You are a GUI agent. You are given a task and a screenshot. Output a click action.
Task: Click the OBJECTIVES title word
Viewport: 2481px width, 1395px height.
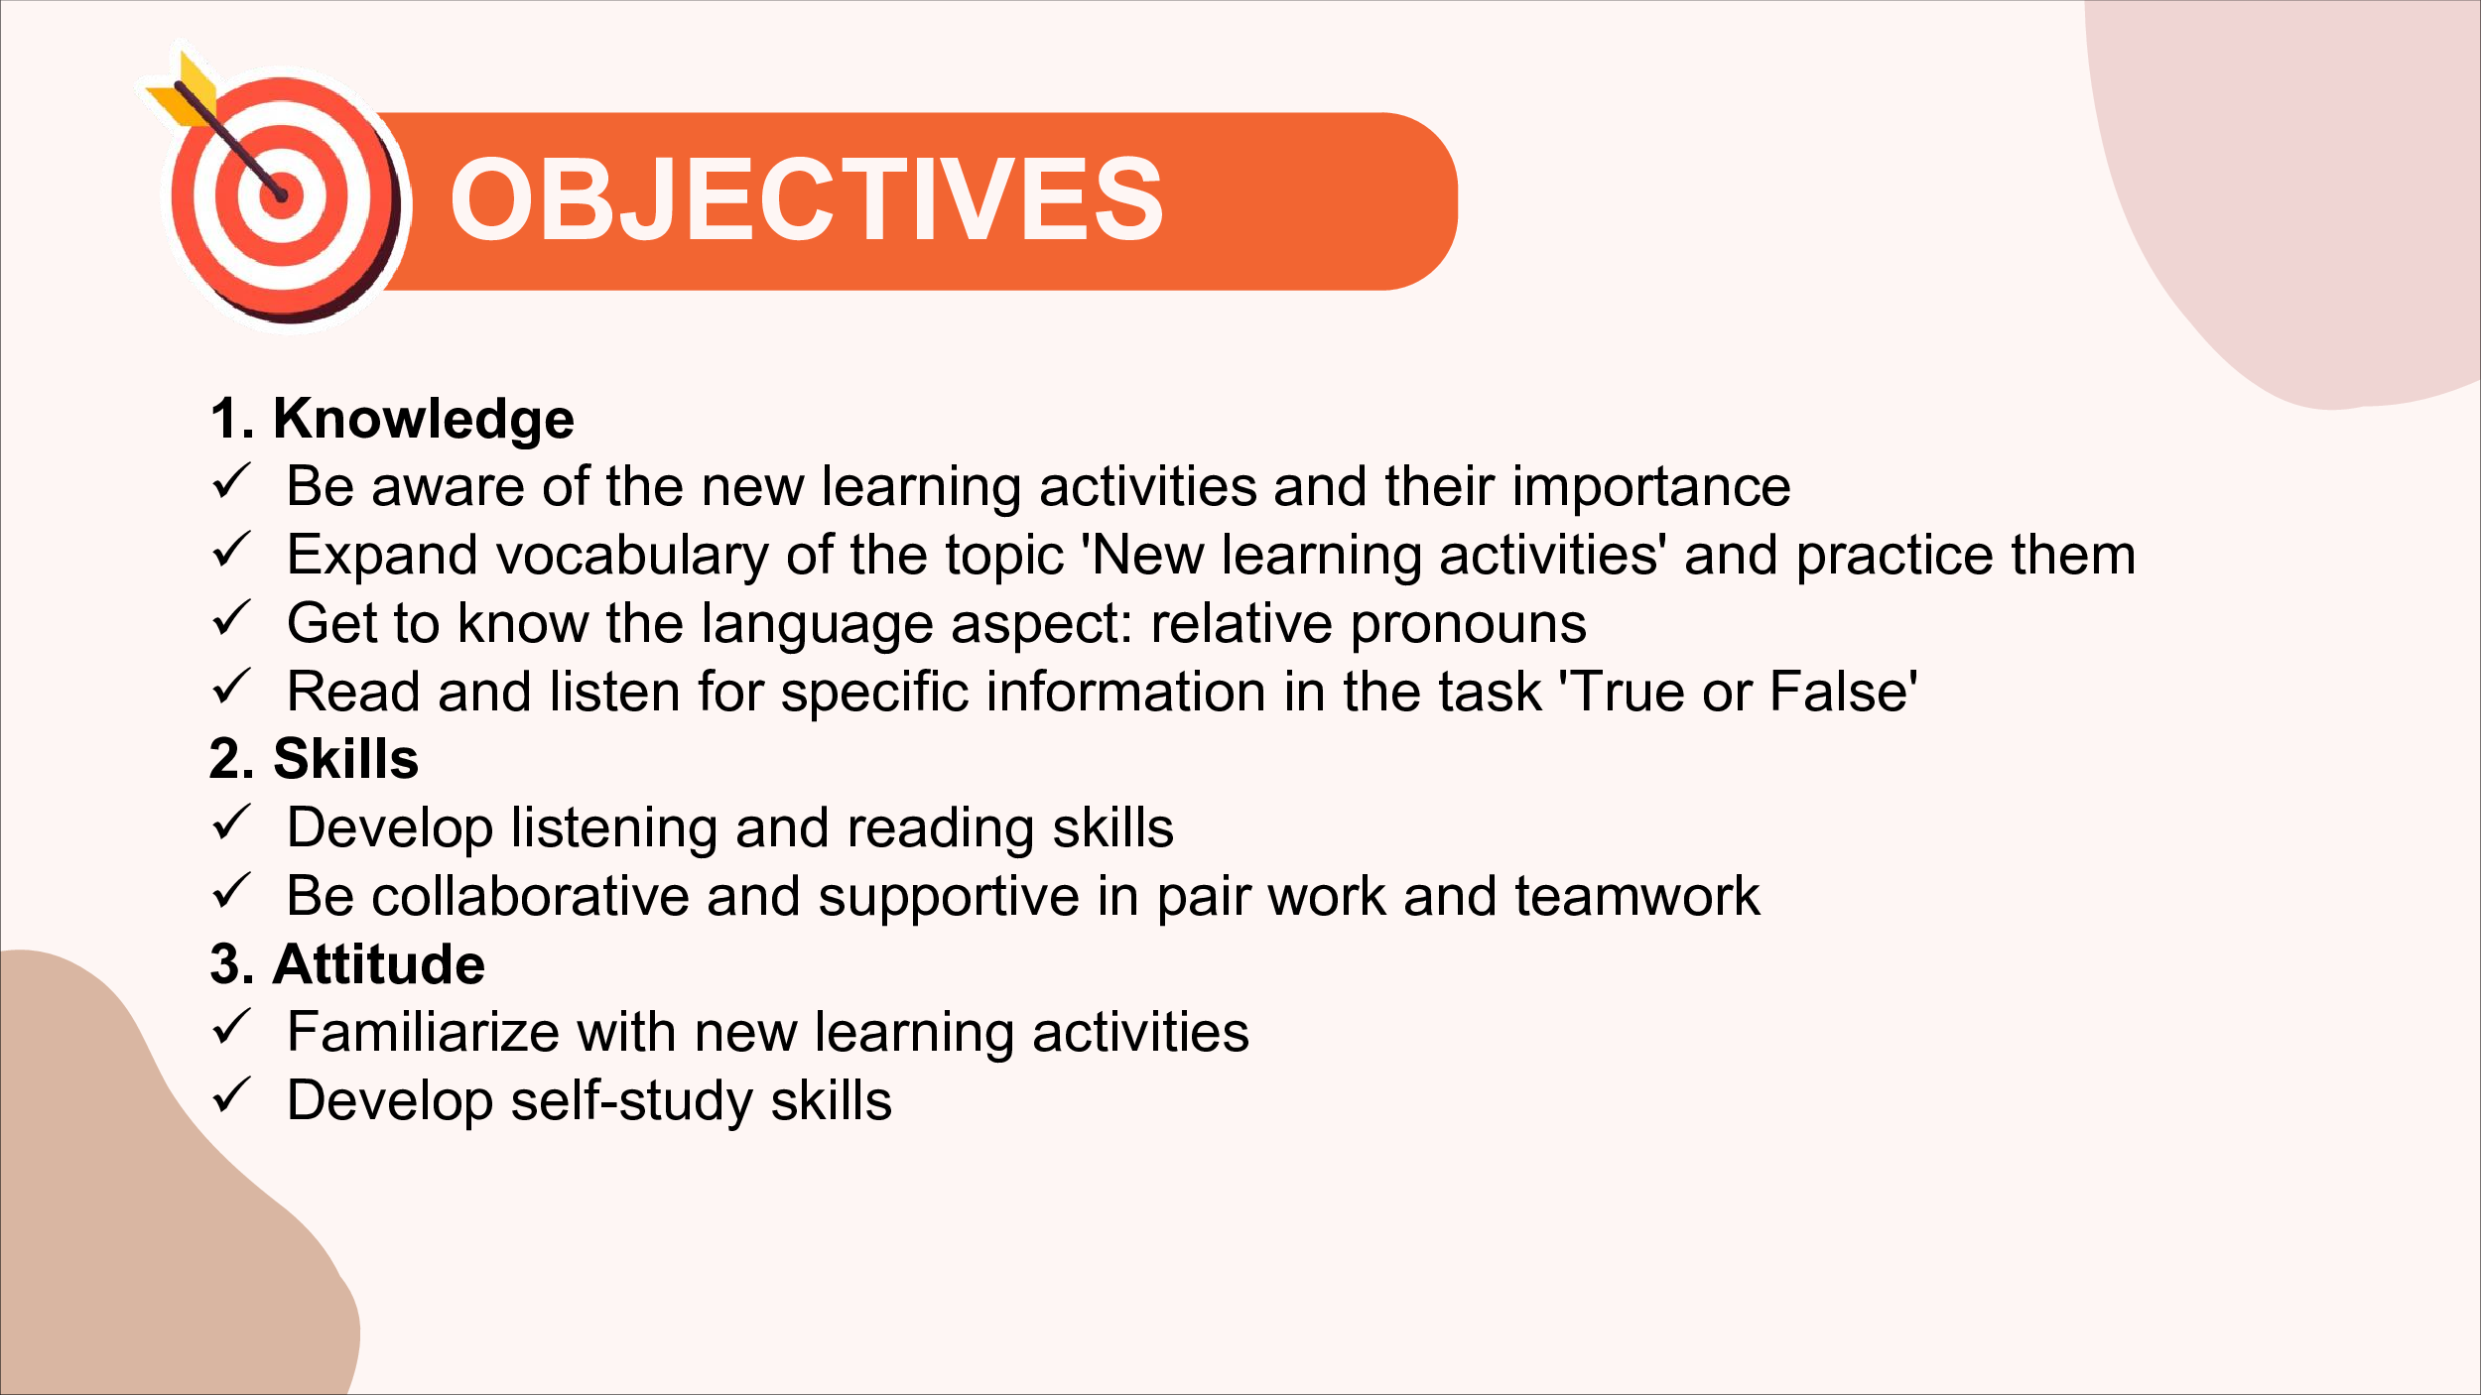point(807,199)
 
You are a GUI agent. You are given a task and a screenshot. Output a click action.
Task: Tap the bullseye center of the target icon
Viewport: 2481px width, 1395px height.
point(282,196)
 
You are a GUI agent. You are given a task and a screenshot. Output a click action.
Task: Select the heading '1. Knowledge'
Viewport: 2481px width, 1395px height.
point(392,419)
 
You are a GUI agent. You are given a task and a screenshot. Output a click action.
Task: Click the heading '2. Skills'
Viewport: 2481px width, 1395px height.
point(314,759)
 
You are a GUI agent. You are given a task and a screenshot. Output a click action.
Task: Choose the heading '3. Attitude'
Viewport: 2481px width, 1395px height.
point(347,964)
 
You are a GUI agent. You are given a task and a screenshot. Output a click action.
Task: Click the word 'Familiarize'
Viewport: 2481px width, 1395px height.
point(423,1033)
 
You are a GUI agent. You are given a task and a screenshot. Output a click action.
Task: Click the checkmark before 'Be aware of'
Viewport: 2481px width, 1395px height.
point(231,482)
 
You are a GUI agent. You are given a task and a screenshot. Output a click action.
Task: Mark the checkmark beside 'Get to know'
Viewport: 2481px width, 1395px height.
point(231,619)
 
